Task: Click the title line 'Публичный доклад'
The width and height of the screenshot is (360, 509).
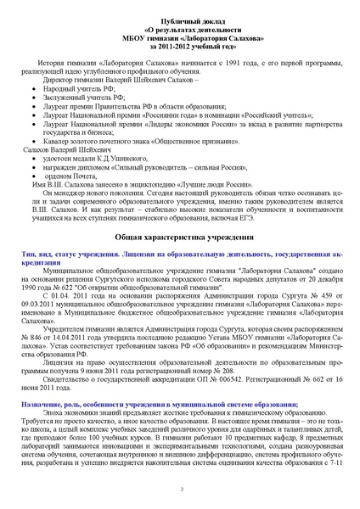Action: pyautogui.click(x=180, y=19)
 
